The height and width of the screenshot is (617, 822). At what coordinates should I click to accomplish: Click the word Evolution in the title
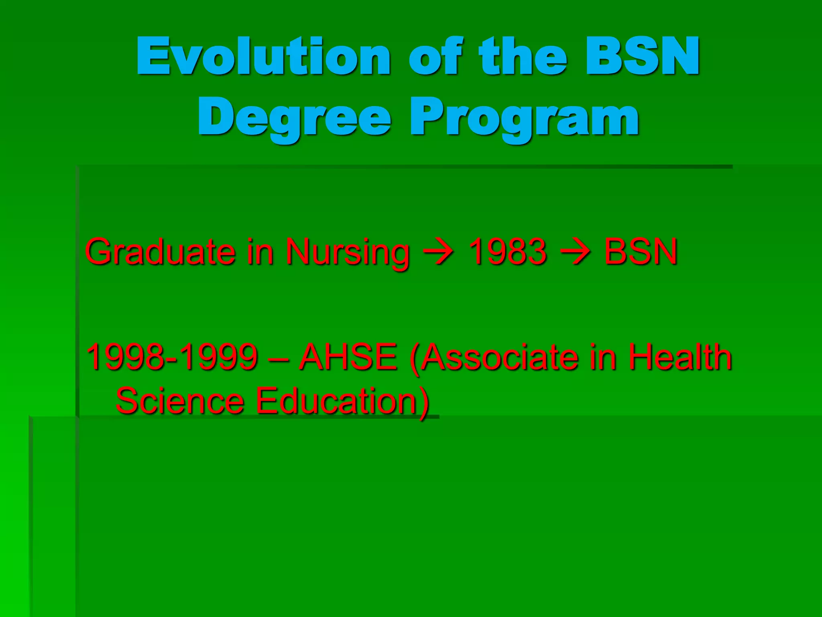point(263,56)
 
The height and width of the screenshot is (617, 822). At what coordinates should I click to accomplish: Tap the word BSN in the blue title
point(642,56)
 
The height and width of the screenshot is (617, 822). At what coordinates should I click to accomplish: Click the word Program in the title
point(524,118)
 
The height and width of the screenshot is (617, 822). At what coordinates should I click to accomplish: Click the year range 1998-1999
point(172,357)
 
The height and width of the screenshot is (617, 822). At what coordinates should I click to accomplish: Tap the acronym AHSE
point(348,357)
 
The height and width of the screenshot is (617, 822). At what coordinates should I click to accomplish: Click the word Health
point(680,357)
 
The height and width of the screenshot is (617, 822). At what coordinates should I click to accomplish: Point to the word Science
point(180,400)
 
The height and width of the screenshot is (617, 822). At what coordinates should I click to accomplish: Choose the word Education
point(339,400)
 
